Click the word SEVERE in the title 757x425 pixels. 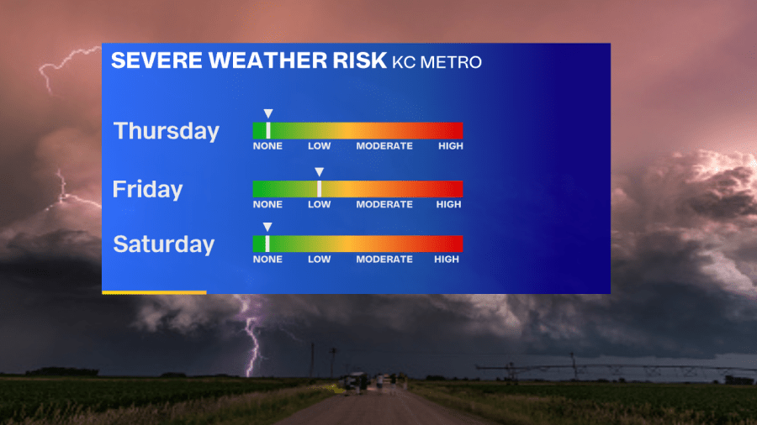pos(157,60)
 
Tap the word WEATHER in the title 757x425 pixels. pos(268,60)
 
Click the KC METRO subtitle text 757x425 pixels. pos(437,62)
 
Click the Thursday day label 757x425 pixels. pos(167,131)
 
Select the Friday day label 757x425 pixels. pos(148,189)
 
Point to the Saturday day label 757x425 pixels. pos(164,244)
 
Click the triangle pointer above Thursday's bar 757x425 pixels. pos(268,113)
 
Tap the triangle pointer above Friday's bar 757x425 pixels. pos(319,171)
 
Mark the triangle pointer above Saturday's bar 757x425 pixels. pos(267,227)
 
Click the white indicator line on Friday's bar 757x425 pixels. pos(319,189)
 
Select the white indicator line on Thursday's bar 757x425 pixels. pos(268,130)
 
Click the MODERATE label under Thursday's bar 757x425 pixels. pos(384,146)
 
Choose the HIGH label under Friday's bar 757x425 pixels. pos(449,204)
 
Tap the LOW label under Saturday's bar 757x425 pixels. pos(320,260)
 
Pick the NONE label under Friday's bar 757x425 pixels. pos(267,204)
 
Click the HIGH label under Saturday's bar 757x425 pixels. pos(447,260)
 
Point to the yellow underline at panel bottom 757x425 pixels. pos(154,292)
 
